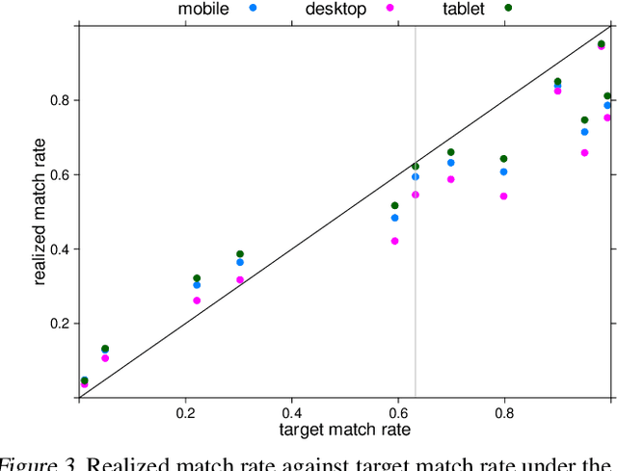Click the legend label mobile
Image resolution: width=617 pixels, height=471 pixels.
tap(202, 10)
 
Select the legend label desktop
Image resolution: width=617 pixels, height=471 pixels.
tap(335, 10)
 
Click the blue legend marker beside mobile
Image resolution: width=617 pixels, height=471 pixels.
tap(253, 8)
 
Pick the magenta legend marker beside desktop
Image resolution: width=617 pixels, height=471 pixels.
tap(390, 8)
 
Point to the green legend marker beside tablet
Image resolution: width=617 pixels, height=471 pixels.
tap(508, 8)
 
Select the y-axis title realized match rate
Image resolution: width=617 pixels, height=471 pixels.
tap(40, 212)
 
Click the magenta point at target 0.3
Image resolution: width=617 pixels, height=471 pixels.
tap(240, 280)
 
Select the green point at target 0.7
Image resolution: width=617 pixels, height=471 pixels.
tap(450, 152)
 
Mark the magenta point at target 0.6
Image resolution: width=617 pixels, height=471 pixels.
tap(394, 241)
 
